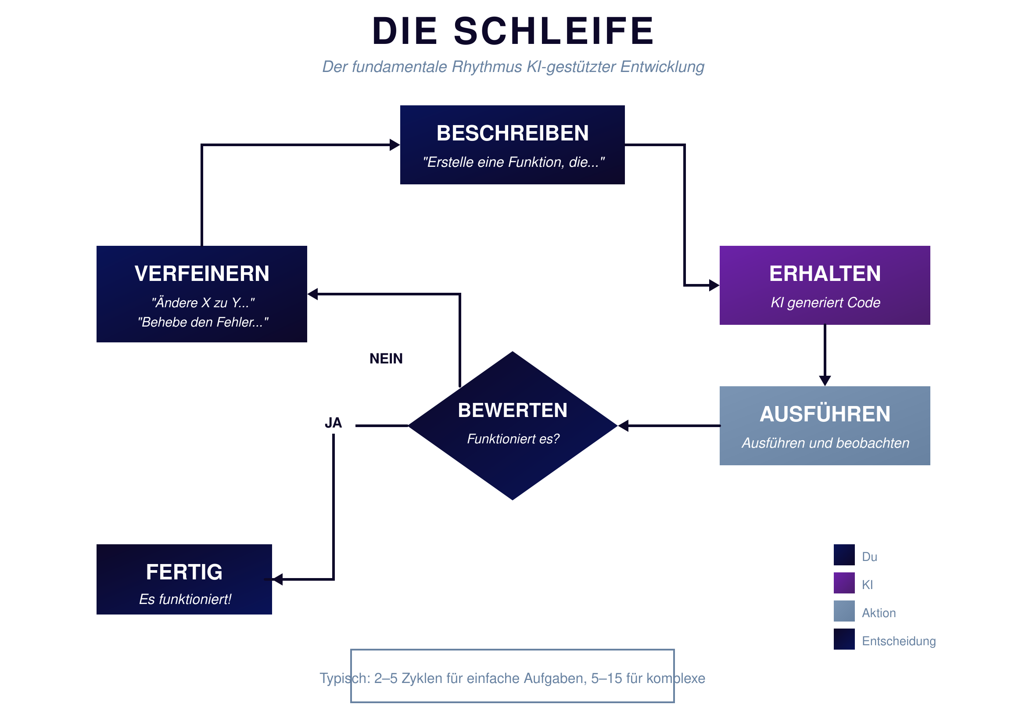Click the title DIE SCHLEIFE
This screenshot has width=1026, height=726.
point(513,31)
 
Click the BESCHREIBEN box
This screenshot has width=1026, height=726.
point(512,145)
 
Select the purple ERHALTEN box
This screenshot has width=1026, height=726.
point(825,285)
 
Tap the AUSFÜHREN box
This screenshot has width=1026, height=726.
point(825,426)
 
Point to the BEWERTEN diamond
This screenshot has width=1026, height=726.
point(513,426)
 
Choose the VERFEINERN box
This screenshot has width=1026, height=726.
point(201,294)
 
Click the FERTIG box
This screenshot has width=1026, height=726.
point(184,579)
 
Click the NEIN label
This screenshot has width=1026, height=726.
point(386,359)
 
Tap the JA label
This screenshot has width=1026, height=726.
point(334,423)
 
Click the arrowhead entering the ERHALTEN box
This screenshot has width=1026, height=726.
point(714,285)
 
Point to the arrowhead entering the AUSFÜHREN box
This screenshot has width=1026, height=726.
point(825,381)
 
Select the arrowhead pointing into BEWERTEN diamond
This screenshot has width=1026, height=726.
point(624,426)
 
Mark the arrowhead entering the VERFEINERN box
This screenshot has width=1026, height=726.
point(313,294)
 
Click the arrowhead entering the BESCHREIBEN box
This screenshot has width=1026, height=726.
point(395,145)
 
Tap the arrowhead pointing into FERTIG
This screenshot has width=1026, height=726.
point(277,579)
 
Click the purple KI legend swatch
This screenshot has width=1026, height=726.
point(844,583)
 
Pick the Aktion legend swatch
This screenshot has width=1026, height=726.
point(844,611)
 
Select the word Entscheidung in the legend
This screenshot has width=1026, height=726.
point(899,641)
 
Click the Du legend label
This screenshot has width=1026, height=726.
point(869,557)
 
